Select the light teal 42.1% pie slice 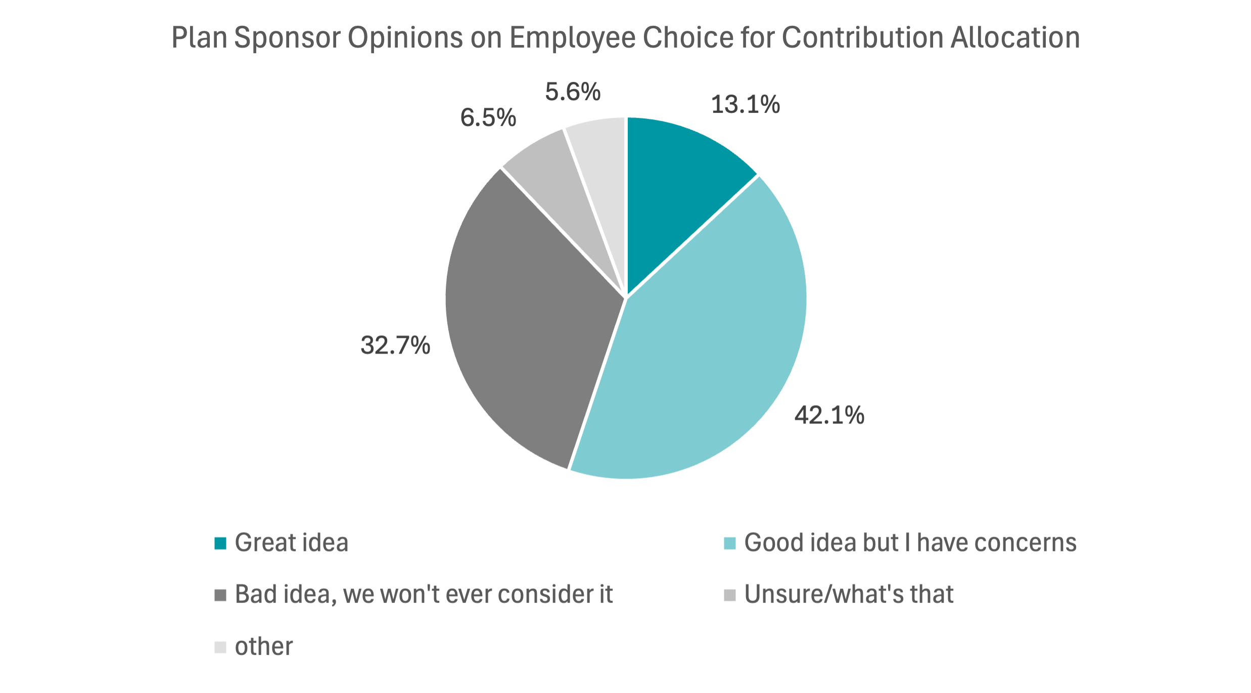pyautogui.click(x=708, y=354)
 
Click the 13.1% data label pyautogui.click(x=745, y=105)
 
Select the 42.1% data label pyautogui.click(x=829, y=415)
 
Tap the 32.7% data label pyautogui.click(x=395, y=345)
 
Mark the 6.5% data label pyautogui.click(x=488, y=118)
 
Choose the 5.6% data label pyautogui.click(x=572, y=92)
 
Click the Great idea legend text pyautogui.click(x=291, y=543)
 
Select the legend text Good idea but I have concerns pyautogui.click(x=910, y=543)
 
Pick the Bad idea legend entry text pyautogui.click(x=424, y=594)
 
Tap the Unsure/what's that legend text pyautogui.click(x=849, y=594)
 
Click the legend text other pyautogui.click(x=263, y=646)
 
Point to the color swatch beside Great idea pyautogui.click(x=220, y=543)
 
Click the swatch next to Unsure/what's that pyautogui.click(x=730, y=595)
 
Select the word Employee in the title pyautogui.click(x=572, y=38)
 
